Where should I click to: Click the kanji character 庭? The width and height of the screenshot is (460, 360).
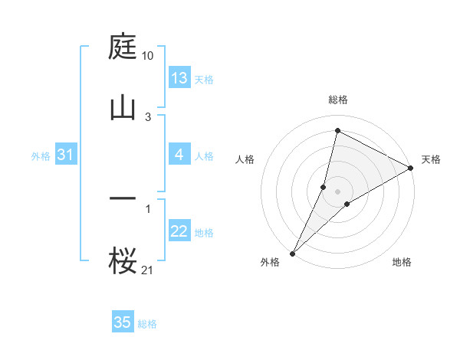tap(123, 47)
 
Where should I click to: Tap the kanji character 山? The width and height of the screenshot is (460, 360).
tap(123, 106)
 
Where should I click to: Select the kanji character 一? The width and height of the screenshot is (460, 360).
tap(123, 198)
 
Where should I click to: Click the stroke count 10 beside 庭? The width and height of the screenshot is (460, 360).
tap(148, 56)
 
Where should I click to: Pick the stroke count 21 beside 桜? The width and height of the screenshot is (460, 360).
tap(148, 270)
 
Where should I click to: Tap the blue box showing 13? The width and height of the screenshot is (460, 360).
tap(179, 78)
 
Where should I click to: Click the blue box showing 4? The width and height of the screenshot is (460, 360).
tap(179, 155)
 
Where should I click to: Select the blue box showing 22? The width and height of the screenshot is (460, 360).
tap(179, 232)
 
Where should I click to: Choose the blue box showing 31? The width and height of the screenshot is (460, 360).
tap(65, 155)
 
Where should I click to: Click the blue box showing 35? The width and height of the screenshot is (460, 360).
tap(123, 322)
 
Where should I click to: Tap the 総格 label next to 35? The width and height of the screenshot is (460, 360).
tap(147, 324)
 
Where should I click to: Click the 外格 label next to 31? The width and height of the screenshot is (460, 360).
tap(41, 156)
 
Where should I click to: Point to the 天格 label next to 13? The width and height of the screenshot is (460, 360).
tap(204, 80)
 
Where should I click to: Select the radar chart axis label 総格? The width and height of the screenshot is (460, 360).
tap(338, 100)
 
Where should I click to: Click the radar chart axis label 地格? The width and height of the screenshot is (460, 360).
tap(402, 263)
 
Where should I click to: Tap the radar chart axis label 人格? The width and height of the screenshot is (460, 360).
tap(245, 159)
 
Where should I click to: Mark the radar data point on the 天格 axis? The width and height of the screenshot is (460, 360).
tap(411, 168)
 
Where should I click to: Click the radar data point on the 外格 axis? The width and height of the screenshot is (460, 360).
tap(292, 253)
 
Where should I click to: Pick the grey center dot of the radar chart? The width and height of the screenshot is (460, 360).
tap(338, 191)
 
